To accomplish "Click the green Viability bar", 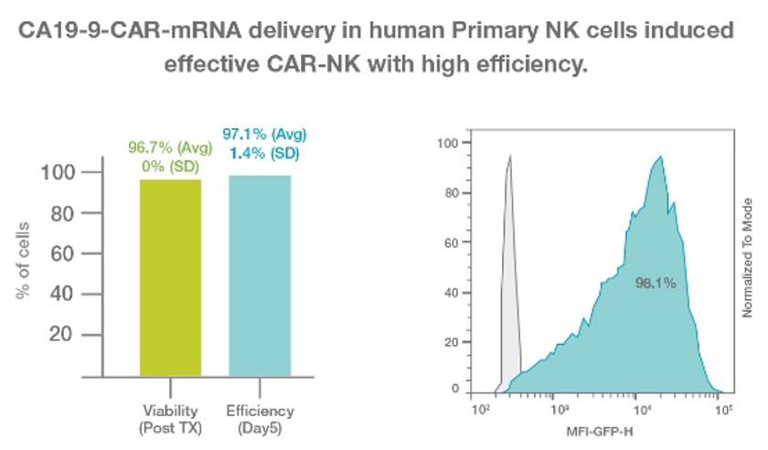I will click(170, 276).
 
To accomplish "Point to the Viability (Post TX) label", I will click(171, 418).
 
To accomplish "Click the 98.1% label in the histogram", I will click(656, 284).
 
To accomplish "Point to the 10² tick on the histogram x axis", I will click(479, 408).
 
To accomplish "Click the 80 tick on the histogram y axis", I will click(447, 193).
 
